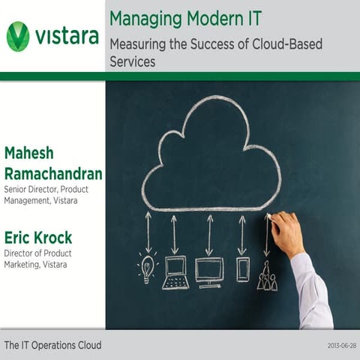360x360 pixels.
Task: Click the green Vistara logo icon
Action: pyautogui.click(x=18, y=36)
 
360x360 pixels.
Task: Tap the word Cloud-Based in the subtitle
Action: pyautogui.click(x=288, y=44)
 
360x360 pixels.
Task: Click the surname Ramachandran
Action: pyautogui.click(x=52, y=174)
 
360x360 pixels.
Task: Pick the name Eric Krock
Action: pyautogui.click(x=38, y=238)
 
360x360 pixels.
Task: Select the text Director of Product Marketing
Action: pyautogui.click(x=39, y=259)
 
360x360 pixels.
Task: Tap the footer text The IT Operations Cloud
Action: pyautogui.click(x=52, y=346)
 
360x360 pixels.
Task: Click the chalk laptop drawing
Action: pyautogui.click(x=175, y=271)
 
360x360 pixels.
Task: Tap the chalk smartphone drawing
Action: pyautogui.click(x=242, y=269)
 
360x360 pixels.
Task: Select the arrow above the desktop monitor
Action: pyautogui.click(x=209, y=233)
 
